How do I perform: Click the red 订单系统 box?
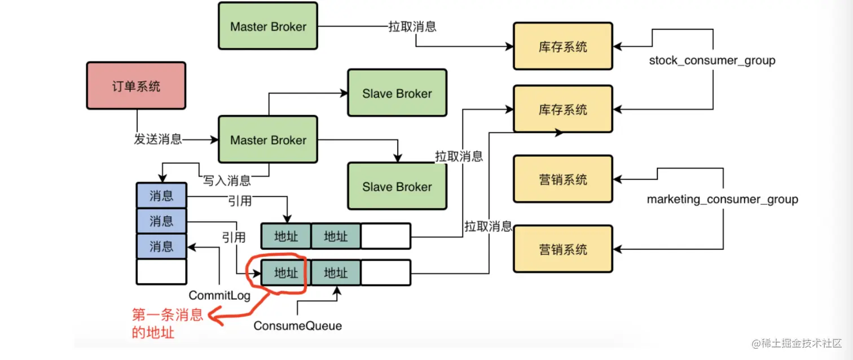(135, 86)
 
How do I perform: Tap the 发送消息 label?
(158, 139)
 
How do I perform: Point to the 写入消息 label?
(227, 181)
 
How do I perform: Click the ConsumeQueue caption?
(297, 326)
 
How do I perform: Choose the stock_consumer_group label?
(712, 60)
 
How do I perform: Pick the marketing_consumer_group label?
(722, 199)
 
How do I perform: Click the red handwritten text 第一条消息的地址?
(167, 323)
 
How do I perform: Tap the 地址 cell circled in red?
(285, 273)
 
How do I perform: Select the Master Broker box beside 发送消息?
(268, 140)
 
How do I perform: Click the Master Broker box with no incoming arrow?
(268, 26)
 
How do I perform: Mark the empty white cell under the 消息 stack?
(161, 271)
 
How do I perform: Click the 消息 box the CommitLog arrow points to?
(161, 247)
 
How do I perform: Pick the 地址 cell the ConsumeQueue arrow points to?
(336, 273)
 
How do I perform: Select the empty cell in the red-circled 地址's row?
(385, 273)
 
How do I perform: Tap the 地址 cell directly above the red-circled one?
(285, 236)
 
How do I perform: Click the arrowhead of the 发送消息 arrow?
(215, 139)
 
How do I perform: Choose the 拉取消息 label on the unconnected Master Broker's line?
(412, 26)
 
